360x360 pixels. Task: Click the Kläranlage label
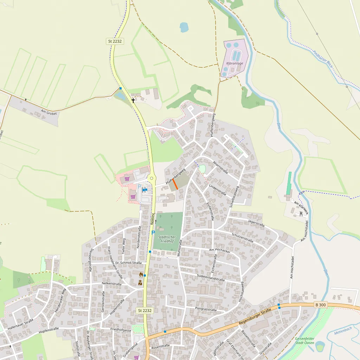[x=233, y=63]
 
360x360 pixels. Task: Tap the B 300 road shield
[x=320, y=305]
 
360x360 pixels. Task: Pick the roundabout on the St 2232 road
[x=152, y=178]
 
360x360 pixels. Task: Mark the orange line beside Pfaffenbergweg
[x=175, y=184]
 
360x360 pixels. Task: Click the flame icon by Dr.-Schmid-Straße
[x=141, y=274]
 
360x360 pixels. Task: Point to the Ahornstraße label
[x=220, y=167]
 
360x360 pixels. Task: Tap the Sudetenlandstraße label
[x=211, y=278]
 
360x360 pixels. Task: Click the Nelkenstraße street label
[x=111, y=284]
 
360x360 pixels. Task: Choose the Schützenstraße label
[x=242, y=237]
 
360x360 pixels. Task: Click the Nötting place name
[x=153, y=218]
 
